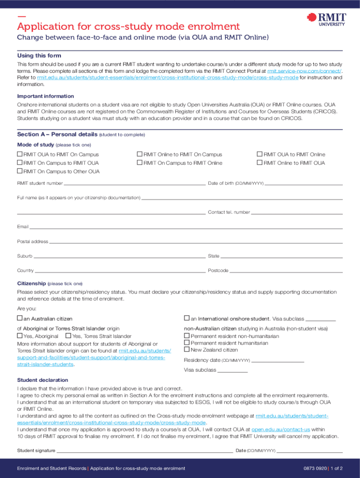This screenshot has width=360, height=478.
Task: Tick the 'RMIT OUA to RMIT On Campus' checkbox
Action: pos(20,155)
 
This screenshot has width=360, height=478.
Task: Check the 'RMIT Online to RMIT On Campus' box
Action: pos(139,155)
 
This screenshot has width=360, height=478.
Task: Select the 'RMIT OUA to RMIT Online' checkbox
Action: pos(260,155)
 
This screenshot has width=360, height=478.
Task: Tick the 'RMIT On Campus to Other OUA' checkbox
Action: pos(20,171)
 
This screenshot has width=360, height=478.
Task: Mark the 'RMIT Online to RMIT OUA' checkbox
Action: pos(260,163)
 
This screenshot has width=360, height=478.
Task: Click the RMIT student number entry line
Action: pos(135,183)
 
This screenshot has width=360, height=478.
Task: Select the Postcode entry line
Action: pos(286,270)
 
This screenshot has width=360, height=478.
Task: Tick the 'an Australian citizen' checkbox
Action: pos(20,318)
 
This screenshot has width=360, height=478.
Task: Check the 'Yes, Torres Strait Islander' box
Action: pos(68,336)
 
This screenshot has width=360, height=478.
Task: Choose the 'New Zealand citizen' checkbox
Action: pos(187,349)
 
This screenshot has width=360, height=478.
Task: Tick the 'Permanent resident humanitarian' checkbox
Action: pos(187,343)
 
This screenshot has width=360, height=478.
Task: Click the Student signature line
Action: pos(145,450)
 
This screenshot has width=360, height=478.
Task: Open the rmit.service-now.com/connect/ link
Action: pos(304,71)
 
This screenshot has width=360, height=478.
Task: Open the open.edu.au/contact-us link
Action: pos(281,429)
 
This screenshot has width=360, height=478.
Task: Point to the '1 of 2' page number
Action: pos(338,468)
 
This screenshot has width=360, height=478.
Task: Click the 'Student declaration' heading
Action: pos(43,380)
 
